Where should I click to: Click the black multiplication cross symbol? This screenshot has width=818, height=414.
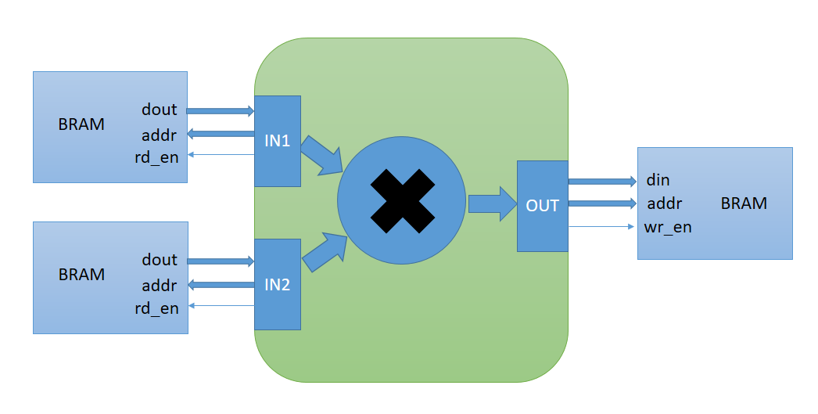click(x=401, y=201)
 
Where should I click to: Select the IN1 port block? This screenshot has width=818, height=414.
click(x=278, y=142)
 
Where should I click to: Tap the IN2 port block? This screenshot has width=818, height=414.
click(x=278, y=284)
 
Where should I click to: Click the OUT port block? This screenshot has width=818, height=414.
click(x=542, y=206)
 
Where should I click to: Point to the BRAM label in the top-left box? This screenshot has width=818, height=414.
click(x=81, y=124)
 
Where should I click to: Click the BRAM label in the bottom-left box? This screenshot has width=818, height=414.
click(x=81, y=275)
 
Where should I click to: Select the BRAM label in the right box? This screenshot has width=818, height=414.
click(x=744, y=203)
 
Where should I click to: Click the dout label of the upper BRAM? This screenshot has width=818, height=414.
click(x=160, y=110)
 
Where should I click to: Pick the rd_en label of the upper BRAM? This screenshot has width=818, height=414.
click(x=156, y=157)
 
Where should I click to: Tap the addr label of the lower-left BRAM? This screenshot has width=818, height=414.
click(x=160, y=285)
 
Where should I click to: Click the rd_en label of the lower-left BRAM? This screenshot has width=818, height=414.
click(x=156, y=308)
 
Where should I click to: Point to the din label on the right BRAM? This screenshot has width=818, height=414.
click(x=658, y=180)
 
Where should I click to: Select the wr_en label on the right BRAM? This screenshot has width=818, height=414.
click(x=668, y=228)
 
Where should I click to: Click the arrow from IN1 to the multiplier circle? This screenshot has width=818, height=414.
click(x=321, y=155)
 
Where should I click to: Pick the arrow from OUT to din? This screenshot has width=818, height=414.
click(x=602, y=182)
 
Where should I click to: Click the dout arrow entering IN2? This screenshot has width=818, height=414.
click(x=221, y=261)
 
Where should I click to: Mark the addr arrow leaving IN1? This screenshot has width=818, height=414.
click(x=221, y=134)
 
